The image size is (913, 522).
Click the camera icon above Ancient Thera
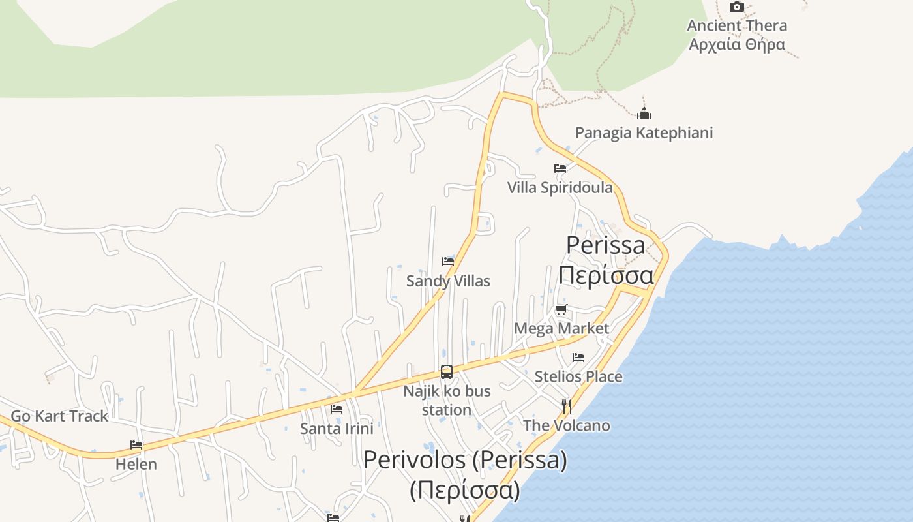pos(736,7)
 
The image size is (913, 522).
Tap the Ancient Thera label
pos(737,26)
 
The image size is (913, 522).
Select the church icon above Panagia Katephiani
pos(644,114)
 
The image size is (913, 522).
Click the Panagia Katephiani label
pos(644,133)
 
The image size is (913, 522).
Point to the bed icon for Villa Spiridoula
pos(560,168)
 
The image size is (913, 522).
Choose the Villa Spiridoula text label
pos(560,188)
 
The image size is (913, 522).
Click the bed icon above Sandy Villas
pos(448,262)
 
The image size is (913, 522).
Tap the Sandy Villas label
pos(448,281)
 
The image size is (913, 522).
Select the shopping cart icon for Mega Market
pos(561,309)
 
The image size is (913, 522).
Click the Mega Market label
pos(561,328)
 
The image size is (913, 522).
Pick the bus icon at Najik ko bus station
pos(447,372)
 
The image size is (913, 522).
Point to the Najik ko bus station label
pos(447,401)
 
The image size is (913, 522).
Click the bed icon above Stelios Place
pos(578,358)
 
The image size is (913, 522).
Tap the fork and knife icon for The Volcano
pos(567,407)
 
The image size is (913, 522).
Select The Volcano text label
pos(567,426)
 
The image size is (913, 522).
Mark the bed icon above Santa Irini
pos(337,409)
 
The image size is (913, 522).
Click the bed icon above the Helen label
pos(136,445)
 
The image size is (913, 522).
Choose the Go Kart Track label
pos(59,416)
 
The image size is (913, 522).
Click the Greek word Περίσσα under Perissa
pos(606,275)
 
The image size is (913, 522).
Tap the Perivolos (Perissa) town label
pos(465,461)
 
